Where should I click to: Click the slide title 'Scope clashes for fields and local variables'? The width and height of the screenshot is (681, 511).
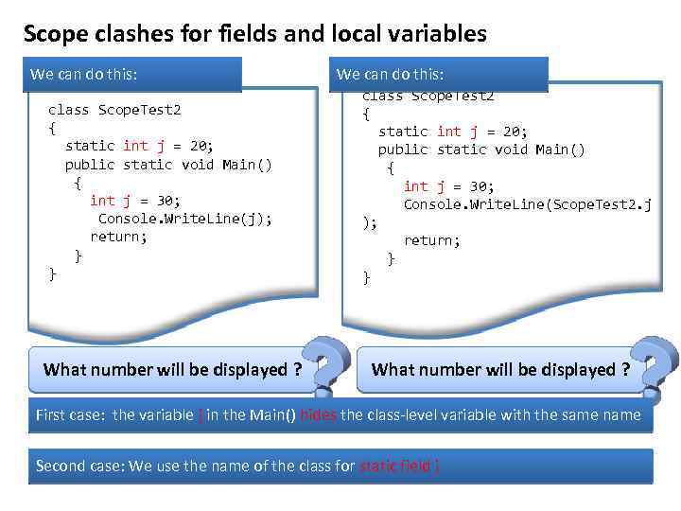pos(254,35)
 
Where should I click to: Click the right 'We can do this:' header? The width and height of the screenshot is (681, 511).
pos(390,74)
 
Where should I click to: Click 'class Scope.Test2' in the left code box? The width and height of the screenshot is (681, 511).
pos(113,110)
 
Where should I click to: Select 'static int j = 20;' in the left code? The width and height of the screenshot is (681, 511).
pos(139,146)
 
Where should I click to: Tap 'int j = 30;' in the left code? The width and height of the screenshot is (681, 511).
pos(134,201)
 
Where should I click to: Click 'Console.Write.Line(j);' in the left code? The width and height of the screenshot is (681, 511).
pos(184,219)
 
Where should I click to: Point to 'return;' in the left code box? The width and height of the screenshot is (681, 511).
pos(118,237)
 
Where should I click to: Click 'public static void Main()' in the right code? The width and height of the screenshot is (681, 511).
pos(481,150)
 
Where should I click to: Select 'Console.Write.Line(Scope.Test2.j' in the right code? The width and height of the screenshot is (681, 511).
pos(527,204)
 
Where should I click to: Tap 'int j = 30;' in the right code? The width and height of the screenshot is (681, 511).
pos(448,186)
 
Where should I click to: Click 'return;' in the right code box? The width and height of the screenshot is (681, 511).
pos(431,240)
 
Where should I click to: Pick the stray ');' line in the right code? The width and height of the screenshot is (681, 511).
pos(370,222)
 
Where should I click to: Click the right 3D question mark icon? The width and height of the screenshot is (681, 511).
pos(654,366)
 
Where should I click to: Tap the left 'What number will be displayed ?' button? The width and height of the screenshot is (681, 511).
pos(172,370)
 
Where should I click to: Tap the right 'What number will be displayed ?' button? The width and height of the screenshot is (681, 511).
pos(500,370)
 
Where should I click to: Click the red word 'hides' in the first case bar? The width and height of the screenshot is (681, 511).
pos(317,414)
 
